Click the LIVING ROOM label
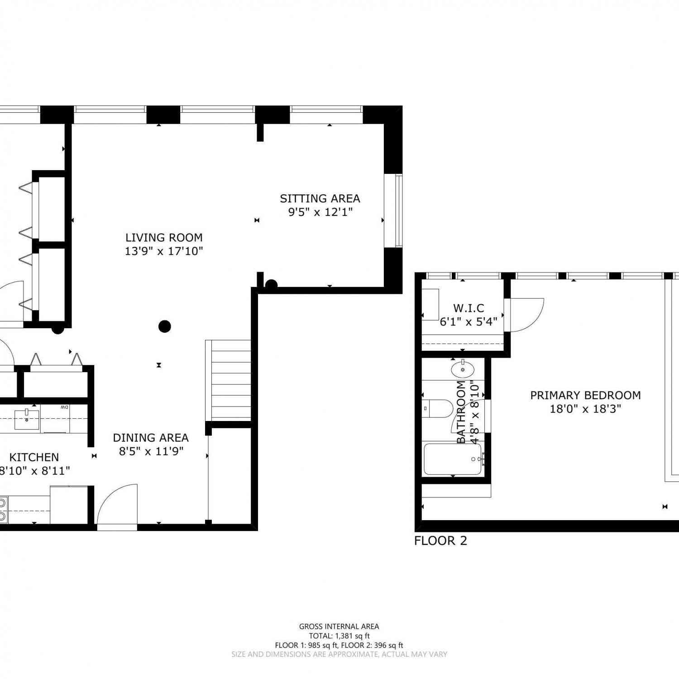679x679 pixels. pos(164,238)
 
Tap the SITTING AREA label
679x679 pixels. pos(320,199)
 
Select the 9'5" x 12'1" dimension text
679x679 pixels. pos(320,212)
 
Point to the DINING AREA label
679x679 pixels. pos(151,438)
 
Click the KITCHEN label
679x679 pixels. pos(34,457)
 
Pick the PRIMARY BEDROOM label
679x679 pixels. pos(585,395)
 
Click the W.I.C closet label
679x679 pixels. pos(469,308)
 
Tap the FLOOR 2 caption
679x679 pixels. pos(440,540)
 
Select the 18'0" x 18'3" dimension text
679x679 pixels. pos(585,409)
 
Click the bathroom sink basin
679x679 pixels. pos(463,369)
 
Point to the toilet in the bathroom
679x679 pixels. pos(438,409)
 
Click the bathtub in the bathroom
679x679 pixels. pos(453,459)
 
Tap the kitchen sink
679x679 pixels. pos(27,420)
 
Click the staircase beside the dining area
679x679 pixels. pos(229,380)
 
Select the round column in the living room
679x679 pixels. pos(165,326)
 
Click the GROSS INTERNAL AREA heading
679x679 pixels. pos(339,626)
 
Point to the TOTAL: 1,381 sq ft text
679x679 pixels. pos(339,636)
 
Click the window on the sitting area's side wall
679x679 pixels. pos(393,210)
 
